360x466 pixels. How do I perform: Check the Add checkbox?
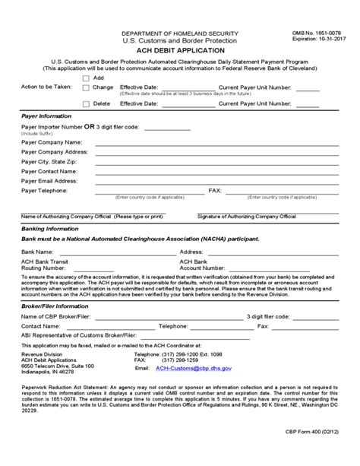point(86,78)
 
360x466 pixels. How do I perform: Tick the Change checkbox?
point(86,87)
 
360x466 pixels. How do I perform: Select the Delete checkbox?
point(86,103)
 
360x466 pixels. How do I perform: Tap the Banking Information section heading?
point(49,228)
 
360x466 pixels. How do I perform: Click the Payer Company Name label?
point(52,142)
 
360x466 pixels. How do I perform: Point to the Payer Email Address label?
point(50,181)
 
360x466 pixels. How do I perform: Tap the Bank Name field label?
point(37,251)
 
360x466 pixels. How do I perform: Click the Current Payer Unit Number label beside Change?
point(255,87)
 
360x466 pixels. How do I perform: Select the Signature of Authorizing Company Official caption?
point(246,217)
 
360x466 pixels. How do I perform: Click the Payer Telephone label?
point(47,191)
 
